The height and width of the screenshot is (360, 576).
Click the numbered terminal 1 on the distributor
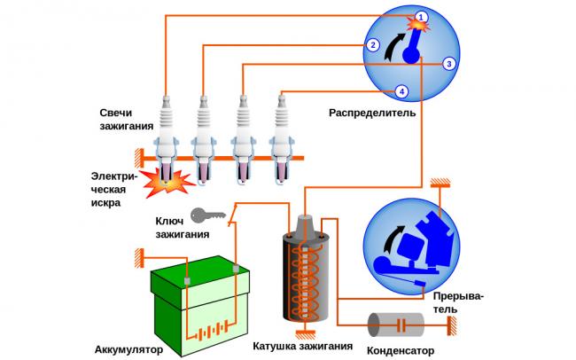[422, 17]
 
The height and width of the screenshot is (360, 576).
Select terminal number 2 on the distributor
[374, 45]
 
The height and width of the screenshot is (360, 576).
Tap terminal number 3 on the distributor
[449, 64]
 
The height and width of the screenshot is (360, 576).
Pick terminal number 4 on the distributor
[401, 91]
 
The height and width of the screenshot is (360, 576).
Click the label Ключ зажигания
[184, 228]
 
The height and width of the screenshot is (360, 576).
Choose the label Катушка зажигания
[303, 346]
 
